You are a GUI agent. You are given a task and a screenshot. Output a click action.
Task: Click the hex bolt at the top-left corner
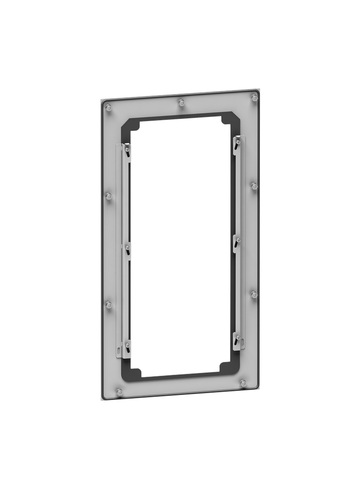point(109,108)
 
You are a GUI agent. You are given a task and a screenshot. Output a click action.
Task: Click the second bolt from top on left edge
point(109,196)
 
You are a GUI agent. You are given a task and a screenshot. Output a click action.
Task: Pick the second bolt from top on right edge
point(254,185)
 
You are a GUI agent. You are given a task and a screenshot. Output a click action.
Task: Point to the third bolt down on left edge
point(109,305)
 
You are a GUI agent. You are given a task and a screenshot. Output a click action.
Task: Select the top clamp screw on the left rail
point(125,149)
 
